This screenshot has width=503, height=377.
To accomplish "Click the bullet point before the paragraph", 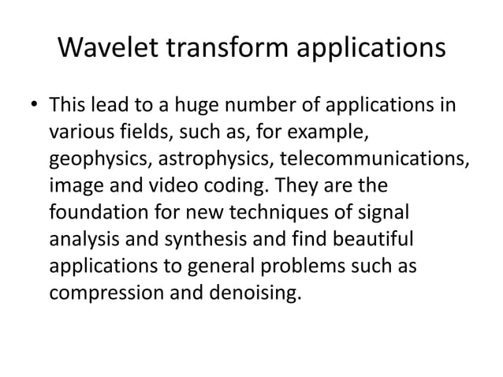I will [34, 105].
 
